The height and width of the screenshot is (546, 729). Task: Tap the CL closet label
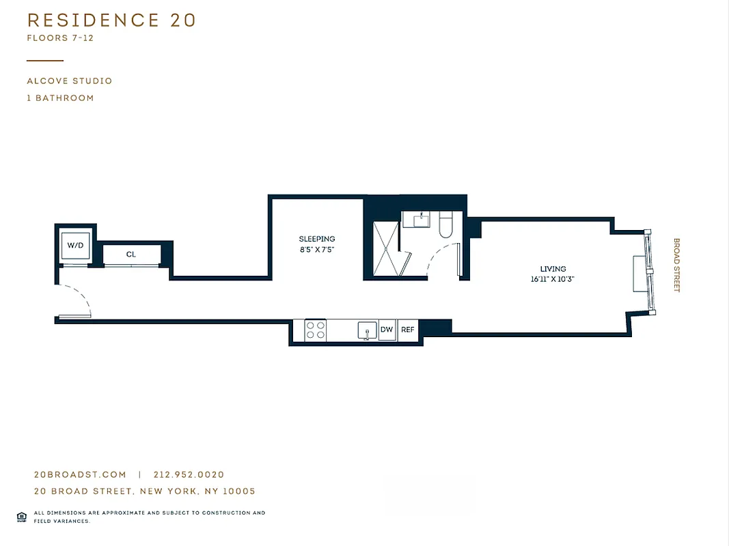click(x=131, y=254)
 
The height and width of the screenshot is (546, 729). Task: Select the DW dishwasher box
click(x=387, y=330)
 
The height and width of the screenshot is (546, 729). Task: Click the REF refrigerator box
click(x=407, y=330)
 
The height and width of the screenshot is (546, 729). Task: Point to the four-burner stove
click(x=315, y=330)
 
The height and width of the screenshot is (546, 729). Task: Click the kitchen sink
click(x=368, y=330)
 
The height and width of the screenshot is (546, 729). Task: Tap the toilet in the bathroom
click(x=446, y=225)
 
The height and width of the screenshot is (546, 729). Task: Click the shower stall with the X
click(x=385, y=249)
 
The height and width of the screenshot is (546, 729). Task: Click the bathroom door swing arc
click(x=441, y=259)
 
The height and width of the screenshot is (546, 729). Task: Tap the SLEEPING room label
click(x=317, y=239)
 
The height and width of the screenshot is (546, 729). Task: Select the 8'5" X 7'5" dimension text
click(x=317, y=250)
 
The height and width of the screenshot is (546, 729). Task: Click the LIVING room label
click(x=553, y=269)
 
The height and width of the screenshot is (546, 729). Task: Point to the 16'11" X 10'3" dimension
click(x=553, y=279)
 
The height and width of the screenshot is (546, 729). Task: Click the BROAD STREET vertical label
click(x=677, y=265)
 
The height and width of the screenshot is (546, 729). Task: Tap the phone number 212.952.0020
click(x=189, y=475)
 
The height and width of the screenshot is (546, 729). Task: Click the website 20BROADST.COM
click(x=80, y=475)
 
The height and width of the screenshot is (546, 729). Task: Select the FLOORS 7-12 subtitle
click(x=60, y=38)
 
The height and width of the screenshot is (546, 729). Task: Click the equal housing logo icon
click(x=22, y=517)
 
